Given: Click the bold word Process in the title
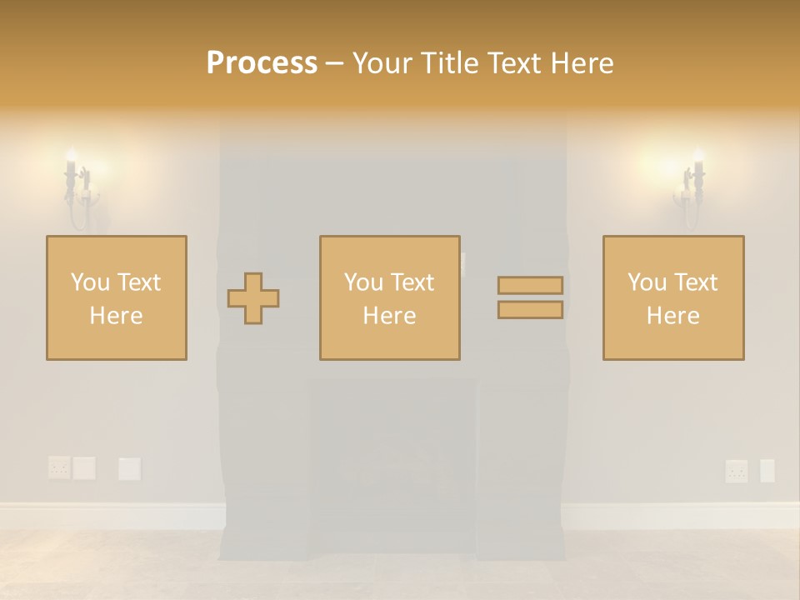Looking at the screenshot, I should pyautogui.click(x=262, y=63).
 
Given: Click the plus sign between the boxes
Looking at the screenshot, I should pyautogui.click(x=253, y=297).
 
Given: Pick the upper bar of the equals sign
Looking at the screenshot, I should pyautogui.click(x=530, y=285).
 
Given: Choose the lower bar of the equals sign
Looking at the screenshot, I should pyautogui.click(x=530, y=310).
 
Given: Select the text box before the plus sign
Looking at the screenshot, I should pyautogui.click(x=117, y=297).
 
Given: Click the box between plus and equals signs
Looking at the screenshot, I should pyautogui.click(x=389, y=297).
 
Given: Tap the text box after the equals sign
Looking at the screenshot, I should pyautogui.click(x=673, y=297).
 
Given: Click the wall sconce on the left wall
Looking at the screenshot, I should pyautogui.click(x=78, y=187).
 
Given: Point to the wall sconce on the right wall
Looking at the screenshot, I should pyautogui.click(x=691, y=187).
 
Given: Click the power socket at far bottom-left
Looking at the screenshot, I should pyautogui.click(x=58, y=467).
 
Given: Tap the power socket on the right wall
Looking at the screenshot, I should pyautogui.click(x=736, y=471).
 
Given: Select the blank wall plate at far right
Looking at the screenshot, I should pyautogui.click(x=767, y=471).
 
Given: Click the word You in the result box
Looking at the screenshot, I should pyautogui.click(x=646, y=282).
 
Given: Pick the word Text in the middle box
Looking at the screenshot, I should pyautogui.click(x=412, y=282).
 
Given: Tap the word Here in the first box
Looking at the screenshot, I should pyautogui.click(x=117, y=316).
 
